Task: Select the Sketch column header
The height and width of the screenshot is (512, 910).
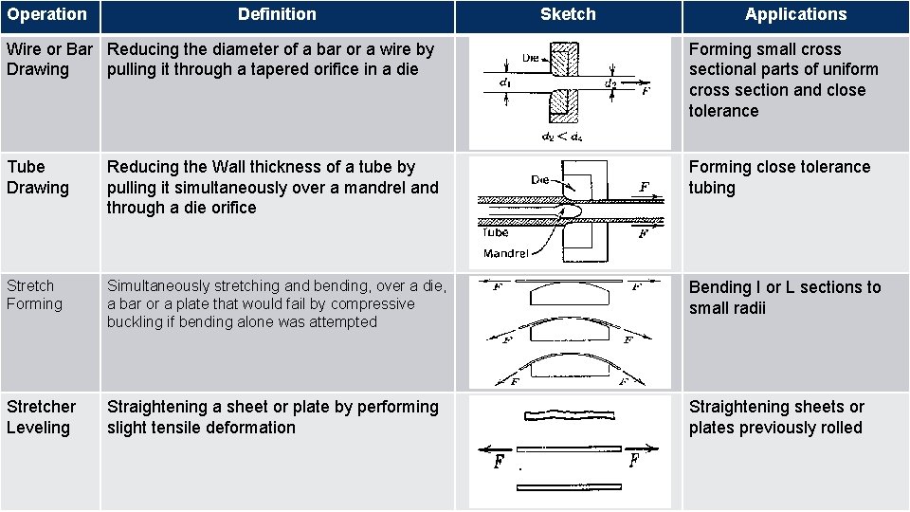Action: coord(568,14)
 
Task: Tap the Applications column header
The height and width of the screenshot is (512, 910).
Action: coord(795,14)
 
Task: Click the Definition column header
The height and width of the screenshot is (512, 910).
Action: coord(277,14)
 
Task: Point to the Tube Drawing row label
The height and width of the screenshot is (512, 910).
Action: coord(38,177)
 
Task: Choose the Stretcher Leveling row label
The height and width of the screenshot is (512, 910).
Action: coord(41,417)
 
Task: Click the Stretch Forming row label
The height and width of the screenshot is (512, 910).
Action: coord(34,295)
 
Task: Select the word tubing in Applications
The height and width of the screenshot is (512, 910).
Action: coord(712,188)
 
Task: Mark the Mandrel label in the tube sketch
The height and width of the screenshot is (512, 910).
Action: coord(506,253)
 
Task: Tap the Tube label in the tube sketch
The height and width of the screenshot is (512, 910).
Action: coord(495,232)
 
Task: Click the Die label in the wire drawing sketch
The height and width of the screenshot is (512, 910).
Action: coord(532,58)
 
